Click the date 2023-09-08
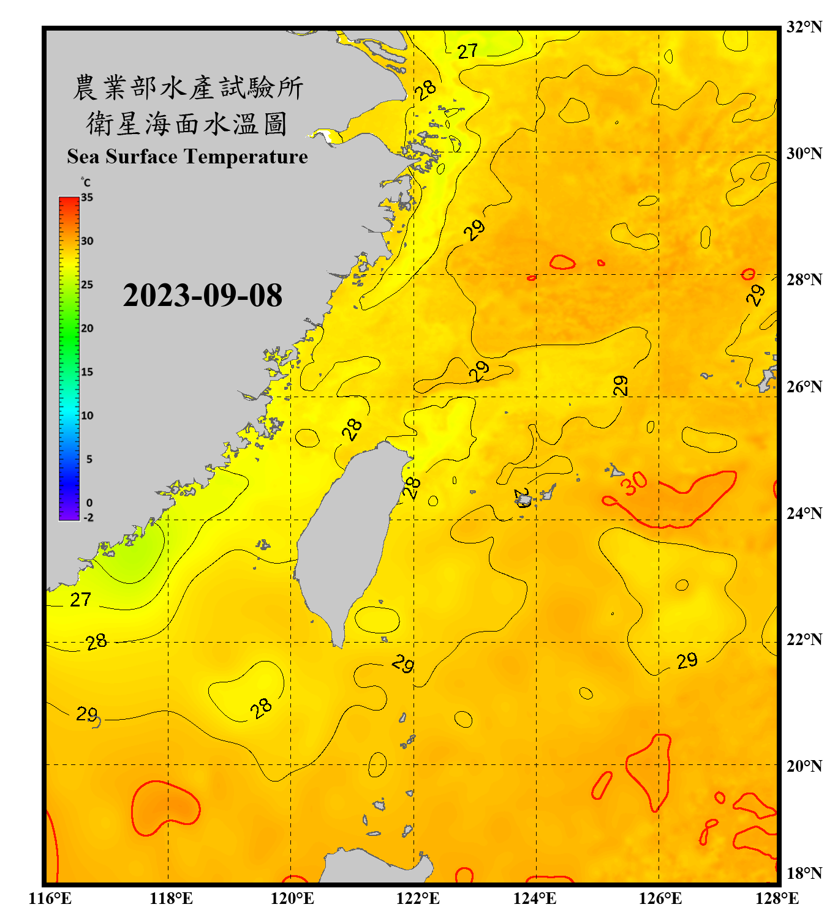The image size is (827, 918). (x=202, y=296)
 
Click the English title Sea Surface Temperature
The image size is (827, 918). (x=187, y=157)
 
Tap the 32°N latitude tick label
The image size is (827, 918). (x=804, y=27)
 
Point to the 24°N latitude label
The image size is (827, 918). (x=804, y=513)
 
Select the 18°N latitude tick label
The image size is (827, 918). (x=804, y=873)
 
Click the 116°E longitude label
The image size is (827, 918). (x=50, y=898)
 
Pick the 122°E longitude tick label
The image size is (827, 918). (x=418, y=898)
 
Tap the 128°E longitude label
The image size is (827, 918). (x=777, y=898)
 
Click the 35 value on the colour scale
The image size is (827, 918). (x=87, y=198)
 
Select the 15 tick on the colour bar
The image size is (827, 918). (x=87, y=372)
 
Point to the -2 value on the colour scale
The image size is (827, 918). (x=88, y=518)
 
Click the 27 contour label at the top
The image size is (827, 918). (x=467, y=51)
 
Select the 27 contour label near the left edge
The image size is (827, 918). (x=81, y=600)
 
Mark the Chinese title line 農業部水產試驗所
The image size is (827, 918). (x=187, y=88)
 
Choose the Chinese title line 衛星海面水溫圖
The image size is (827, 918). (x=187, y=124)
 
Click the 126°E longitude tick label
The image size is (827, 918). (x=660, y=898)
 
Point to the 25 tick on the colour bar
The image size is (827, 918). (x=87, y=285)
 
